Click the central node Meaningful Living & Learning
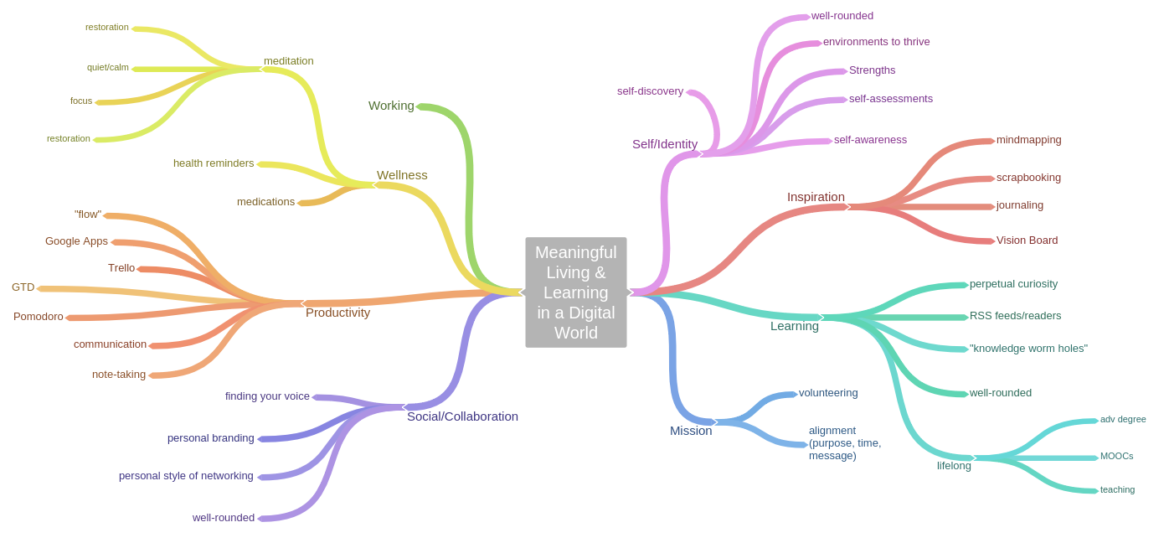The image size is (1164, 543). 575,292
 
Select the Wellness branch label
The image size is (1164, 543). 402,175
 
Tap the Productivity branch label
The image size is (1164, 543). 337,313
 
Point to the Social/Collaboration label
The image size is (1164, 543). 462,416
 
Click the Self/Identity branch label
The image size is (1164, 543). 664,144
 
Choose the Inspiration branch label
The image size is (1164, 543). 816,197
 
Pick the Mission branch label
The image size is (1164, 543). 691,431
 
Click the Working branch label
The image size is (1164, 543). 391,106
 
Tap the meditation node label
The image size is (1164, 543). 289,61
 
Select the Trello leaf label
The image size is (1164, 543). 121,268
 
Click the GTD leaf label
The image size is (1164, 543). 23,287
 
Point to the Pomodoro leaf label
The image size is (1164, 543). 39,317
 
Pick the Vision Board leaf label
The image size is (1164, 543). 1027,240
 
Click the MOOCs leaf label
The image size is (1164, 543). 1116,457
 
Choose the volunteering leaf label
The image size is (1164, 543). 828,393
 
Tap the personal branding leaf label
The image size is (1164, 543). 211,438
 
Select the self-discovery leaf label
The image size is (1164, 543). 650,91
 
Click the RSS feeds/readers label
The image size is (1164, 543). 1015,316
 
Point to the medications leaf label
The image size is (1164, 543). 265,202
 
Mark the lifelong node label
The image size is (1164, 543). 954,466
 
